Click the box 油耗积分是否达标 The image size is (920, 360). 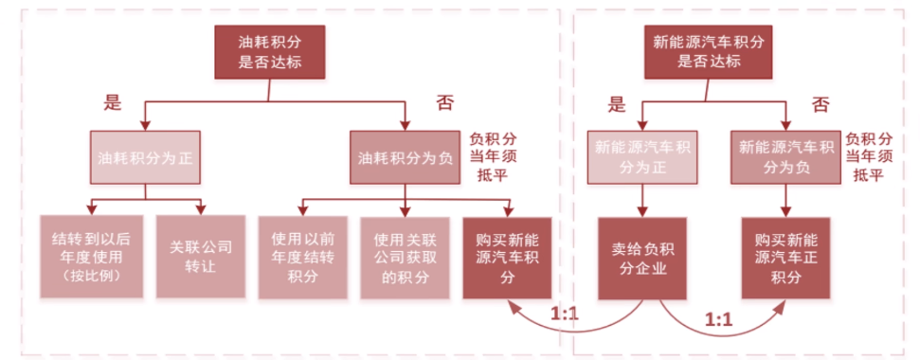(x=270, y=51)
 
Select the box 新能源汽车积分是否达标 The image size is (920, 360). (x=709, y=51)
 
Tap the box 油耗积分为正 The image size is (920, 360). (x=145, y=157)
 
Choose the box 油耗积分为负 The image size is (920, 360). (x=405, y=157)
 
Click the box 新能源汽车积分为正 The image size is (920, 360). (x=642, y=157)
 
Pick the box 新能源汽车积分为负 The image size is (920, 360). (x=786, y=157)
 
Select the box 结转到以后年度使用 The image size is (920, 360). (x=91, y=258)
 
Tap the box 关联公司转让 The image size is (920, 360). (x=201, y=258)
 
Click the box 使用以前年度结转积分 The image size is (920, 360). (x=302, y=258)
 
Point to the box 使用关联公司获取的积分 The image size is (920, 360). (x=405, y=258)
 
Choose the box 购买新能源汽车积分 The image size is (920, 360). (x=508, y=258)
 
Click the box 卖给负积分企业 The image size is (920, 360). (x=642, y=258)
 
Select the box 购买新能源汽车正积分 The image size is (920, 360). (x=786, y=258)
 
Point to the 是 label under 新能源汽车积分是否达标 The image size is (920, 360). (x=616, y=105)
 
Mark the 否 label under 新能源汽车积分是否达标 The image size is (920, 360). (x=820, y=105)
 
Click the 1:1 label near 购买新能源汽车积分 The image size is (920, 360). (x=565, y=315)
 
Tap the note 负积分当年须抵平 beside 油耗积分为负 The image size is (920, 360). (x=493, y=157)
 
